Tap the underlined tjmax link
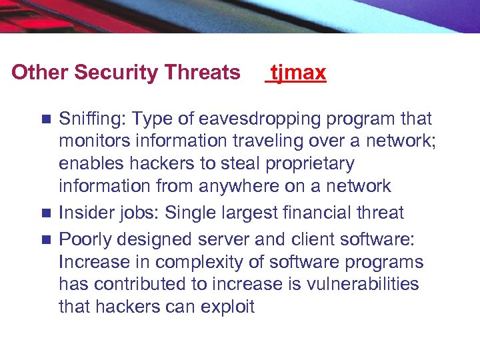297,72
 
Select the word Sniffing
91,119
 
